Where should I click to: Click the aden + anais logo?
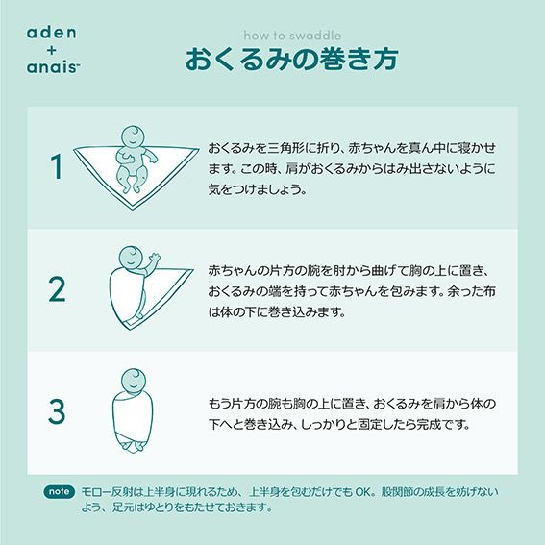point(53,50)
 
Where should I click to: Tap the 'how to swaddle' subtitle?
point(292,36)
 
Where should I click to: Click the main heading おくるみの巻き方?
point(291,60)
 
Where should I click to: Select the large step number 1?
point(57,166)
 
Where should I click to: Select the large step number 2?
point(57,289)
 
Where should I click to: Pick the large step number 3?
point(57,411)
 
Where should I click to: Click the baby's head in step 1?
point(133,136)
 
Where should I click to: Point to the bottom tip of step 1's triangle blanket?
point(132,210)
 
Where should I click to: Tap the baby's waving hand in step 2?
point(154,258)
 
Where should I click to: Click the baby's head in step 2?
point(131,258)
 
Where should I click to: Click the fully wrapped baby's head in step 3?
point(134,380)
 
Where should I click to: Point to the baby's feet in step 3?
point(134,447)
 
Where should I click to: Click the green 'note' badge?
point(59,491)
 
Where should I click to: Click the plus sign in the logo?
point(52,50)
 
